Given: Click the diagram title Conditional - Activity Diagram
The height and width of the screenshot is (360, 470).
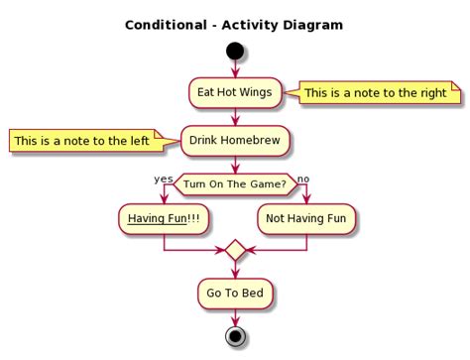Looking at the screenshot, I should (x=234, y=24).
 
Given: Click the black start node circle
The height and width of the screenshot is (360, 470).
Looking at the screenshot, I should (x=235, y=51).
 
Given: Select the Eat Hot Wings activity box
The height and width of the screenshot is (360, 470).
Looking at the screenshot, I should (x=235, y=92).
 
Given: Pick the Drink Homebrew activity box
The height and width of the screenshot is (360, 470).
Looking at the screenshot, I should (x=235, y=140).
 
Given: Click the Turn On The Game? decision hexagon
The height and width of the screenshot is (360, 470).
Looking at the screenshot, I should (x=235, y=183).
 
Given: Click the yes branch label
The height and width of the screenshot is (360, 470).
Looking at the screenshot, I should (x=164, y=179).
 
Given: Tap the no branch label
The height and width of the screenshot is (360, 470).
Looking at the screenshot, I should (x=303, y=179).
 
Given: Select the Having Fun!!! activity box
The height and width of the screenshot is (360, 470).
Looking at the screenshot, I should (x=164, y=219).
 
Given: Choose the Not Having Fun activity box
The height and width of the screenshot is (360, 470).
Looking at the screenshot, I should (x=306, y=219).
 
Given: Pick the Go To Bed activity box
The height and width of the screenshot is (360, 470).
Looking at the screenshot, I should (x=235, y=294).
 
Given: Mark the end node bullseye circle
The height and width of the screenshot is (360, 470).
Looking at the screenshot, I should (x=235, y=336).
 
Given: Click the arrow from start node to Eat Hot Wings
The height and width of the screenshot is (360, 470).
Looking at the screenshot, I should (x=235, y=68).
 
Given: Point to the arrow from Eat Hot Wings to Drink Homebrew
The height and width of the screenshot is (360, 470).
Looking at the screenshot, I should (x=235, y=116).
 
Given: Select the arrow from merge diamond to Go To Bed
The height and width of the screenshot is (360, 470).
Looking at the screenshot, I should (x=235, y=270).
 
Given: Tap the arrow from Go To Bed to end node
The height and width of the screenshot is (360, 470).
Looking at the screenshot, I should (x=235, y=315).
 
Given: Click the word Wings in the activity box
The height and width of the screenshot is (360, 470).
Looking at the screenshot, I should (x=255, y=92).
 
